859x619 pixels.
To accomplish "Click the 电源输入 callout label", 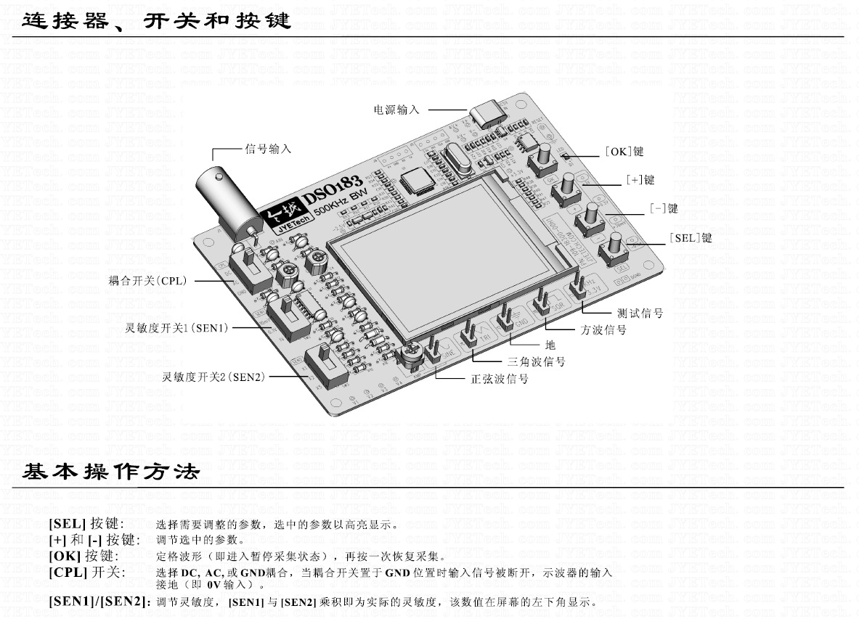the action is tap(396, 110).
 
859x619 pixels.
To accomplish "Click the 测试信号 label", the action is tap(640, 313).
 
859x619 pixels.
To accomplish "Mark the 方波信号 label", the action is tap(603, 329).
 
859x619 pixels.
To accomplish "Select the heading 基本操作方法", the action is tap(110, 472).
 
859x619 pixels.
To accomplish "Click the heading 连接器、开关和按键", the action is tap(156, 20).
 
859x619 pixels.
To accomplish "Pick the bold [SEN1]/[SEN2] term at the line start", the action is tap(99, 602).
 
